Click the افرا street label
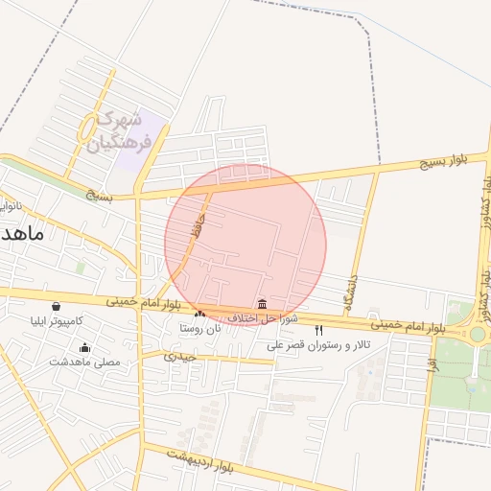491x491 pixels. pos(433,364)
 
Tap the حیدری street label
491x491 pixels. pos(179,356)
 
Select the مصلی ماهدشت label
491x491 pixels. pos(85,362)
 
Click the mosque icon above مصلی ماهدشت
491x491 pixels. pos(85,348)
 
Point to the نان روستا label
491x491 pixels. pos(199,327)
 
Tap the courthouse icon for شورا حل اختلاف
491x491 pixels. pos(263,304)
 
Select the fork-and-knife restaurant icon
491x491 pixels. pos(319,329)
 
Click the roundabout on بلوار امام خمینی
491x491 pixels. pos(477,334)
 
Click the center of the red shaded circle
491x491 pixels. pos(245,245)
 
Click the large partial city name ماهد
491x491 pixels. pos(19,237)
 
